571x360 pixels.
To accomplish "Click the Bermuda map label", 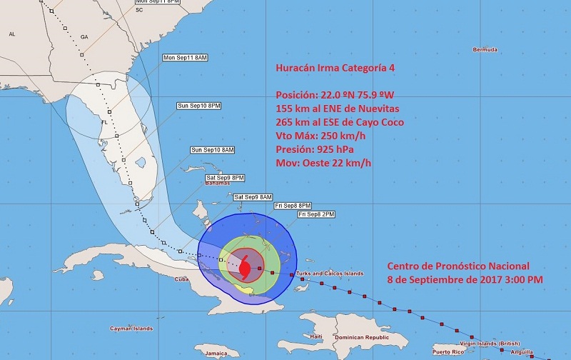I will [x=485, y=49].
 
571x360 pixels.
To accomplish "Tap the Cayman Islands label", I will [x=131, y=329].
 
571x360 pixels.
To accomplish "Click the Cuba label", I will [x=181, y=279].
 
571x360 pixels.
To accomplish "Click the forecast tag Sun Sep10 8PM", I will [x=199, y=106].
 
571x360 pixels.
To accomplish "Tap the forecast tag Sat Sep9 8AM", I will [x=253, y=196].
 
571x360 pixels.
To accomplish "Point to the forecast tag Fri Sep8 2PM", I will [x=315, y=214].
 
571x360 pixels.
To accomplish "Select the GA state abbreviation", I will [x=84, y=36].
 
